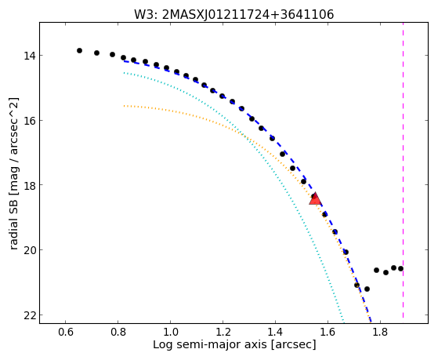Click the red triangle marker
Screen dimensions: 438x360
coord(315,198)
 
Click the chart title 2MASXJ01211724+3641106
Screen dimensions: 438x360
coord(248,14)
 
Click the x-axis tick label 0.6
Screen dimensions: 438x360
coord(65,332)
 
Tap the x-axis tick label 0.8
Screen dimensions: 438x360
coord(118,332)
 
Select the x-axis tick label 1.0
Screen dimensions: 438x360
coord(170,332)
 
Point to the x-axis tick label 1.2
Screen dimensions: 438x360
coord(223,332)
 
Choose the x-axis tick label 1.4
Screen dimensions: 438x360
coord(276,332)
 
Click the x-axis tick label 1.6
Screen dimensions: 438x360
coord(328,332)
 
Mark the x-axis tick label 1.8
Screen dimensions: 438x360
coord(380,332)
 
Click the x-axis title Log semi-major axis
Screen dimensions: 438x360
coord(210,345)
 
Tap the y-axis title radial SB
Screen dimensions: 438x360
coord(13,226)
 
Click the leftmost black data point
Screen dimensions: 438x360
coord(79,51)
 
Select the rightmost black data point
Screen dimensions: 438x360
coord(400,268)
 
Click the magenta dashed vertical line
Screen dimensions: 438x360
coord(403,170)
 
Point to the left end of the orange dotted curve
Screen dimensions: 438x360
coord(124,106)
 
